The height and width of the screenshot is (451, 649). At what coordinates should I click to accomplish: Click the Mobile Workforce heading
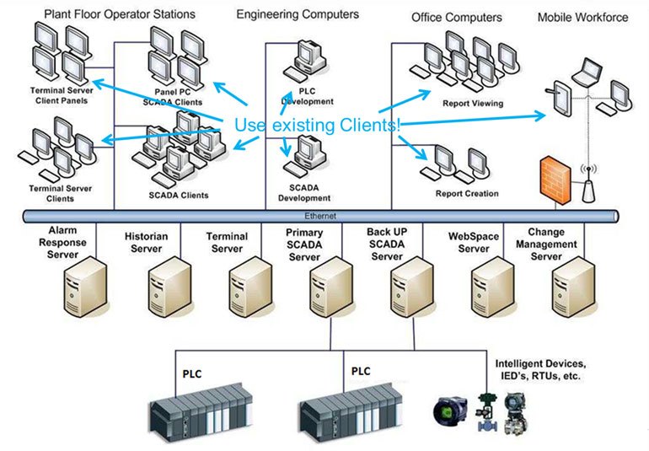coord(582,17)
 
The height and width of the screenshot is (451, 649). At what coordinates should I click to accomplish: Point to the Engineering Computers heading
coord(297,14)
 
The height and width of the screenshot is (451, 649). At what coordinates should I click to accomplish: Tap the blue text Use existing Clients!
coord(317,125)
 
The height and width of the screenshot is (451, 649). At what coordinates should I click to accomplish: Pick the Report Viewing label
coord(472,104)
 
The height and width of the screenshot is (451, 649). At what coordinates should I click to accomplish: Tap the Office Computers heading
coord(456,17)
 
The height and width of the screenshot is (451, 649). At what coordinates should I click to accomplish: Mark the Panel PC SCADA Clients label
coord(178,96)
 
